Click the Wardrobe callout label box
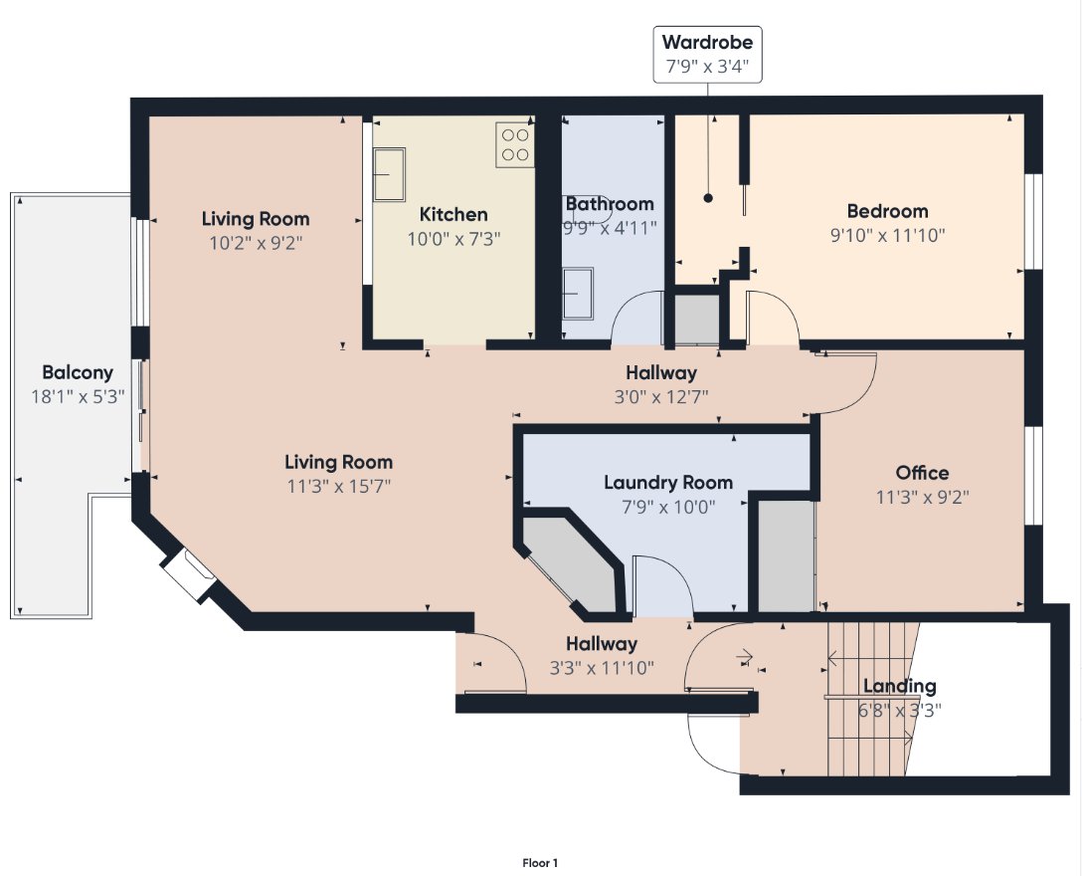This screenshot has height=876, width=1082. pos(707,55)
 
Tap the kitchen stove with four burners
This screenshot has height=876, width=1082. pos(515,144)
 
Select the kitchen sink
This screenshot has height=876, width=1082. pos(389,175)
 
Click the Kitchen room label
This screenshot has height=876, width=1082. pos(453,214)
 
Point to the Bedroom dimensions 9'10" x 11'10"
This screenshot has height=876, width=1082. pos(887,236)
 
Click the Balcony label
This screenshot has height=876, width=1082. pos(78,372)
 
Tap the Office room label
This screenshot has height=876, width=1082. pos(922,473)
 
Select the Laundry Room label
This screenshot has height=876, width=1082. pos(668,482)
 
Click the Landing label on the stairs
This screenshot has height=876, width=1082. pos(900,686)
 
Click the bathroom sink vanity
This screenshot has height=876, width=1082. pos(578,294)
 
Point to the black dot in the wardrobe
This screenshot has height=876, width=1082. pos(708,198)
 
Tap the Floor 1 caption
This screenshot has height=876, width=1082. pos(540,863)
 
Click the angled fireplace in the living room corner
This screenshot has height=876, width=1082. pos(188,574)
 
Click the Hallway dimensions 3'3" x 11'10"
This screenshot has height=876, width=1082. pos(602,668)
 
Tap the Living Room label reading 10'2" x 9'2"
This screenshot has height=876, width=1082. pos(256,231)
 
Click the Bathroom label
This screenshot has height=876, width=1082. pos(610,204)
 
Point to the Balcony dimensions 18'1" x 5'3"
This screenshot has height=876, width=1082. pos(78,396)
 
